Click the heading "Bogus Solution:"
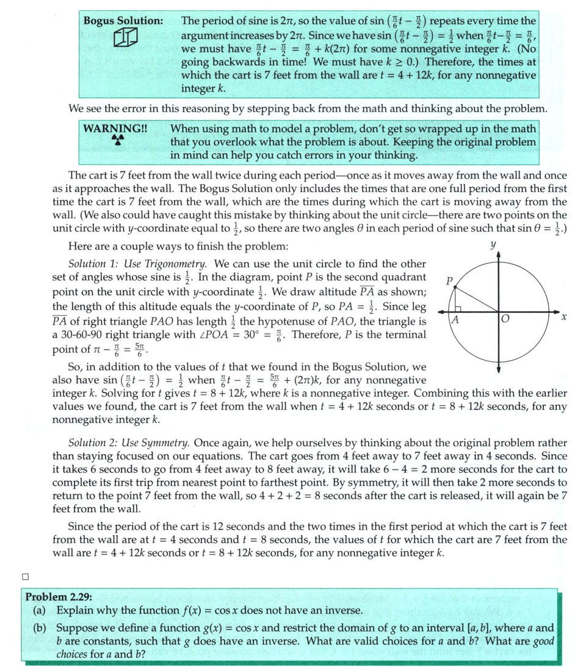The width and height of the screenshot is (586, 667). coord(123,21)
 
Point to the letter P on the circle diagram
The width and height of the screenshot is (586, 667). coord(450,281)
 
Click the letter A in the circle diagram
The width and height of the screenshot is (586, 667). coord(455,319)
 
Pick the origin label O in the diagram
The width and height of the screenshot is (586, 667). coord(505,319)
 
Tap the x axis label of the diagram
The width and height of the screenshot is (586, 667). coord(565,317)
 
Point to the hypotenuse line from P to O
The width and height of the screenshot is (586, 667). coord(477,300)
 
